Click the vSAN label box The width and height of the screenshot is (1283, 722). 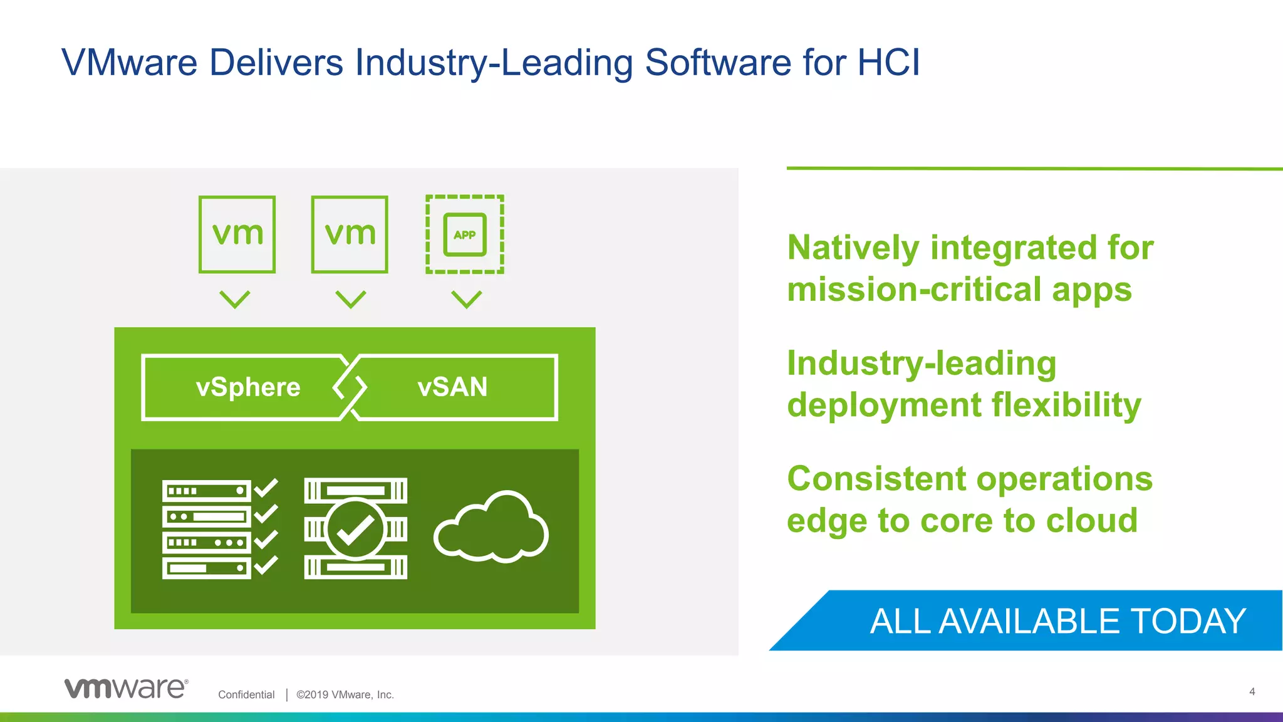coord(452,387)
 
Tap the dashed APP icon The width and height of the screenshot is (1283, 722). coord(464,234)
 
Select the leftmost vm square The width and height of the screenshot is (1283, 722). coord(237,234)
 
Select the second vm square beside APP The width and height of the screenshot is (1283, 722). coord(350,234)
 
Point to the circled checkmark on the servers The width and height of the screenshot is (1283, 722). coord(355,529)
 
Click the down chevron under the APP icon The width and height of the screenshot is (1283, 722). coord(467,299)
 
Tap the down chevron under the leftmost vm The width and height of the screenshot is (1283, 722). coord(235,299)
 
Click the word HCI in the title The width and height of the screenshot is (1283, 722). coord(888,63)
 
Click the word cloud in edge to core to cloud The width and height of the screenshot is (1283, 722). coord(1091,521)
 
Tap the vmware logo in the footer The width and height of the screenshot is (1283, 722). coord(126,688)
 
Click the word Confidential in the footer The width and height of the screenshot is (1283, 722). coord(246,694)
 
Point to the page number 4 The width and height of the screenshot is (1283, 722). coord(1252,692)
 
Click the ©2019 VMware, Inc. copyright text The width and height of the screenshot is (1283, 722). coord(345,694)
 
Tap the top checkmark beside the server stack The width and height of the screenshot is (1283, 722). coord(266,488)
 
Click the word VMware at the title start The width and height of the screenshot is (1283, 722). coord(130,63)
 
